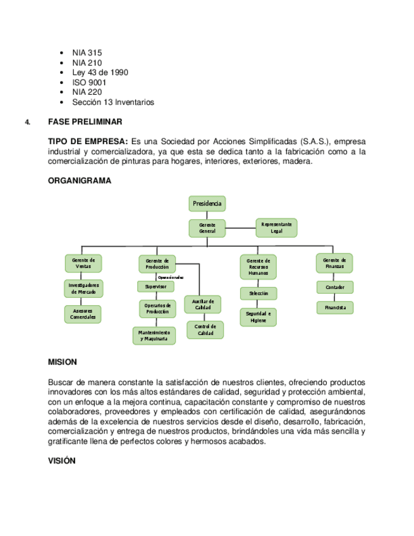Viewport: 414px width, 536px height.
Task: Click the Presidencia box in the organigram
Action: pyautogui.click(x=207, y=204)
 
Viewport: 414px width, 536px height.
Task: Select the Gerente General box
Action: pyautogui.click(x=207, y=228)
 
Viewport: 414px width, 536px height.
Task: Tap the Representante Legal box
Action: pyautogui.click(x=276, y=228)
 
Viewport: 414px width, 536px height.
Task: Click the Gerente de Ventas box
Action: pyautogui.click(x=83, y=263)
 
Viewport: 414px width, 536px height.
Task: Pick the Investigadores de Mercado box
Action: pyautogui.click(x=83, y=288)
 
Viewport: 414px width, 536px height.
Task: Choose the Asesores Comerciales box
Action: pyautogui.click(x=83, y=314)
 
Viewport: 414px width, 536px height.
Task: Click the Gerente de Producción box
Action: pyautogui.click(x=157, y=264)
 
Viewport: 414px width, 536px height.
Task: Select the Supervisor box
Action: pyautogui.click(x=155, y=286)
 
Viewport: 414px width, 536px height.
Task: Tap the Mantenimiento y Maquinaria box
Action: pyautogui.click(x=154, y=335)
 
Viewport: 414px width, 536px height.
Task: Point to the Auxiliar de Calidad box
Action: pyautogui.click(x=203, y=305)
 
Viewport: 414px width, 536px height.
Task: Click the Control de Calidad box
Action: pyautogui.click(x=205, y=329)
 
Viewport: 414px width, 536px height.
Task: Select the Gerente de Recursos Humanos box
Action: pyautogui.click(x=259, y=267)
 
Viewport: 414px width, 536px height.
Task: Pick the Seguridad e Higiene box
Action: pyautogui.click(x=259, y=317)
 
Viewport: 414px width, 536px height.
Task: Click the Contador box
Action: pyautogui.click(x=335, y=287)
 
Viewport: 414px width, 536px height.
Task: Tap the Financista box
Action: pyautogui.click(x=335, y=307)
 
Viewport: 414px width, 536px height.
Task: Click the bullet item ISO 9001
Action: pyautogui.click(x=89, y=82)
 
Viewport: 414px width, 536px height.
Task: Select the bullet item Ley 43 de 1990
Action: pyautogui.click(x=100, y=73)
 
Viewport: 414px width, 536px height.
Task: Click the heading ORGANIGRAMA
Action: pyautogui.click(x=80, y=181)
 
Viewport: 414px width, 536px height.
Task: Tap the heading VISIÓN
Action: pyautogui.click(x=62, y=461)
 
